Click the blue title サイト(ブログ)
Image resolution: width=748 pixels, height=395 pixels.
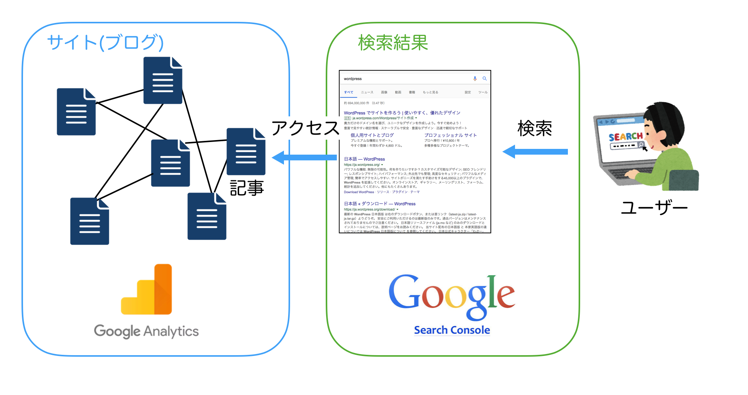[x=105, y=42]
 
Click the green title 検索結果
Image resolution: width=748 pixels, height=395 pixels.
[x=393, y=42]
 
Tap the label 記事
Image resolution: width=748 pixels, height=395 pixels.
[x=247, y=188]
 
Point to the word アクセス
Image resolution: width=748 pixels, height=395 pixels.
[x=305, y=128]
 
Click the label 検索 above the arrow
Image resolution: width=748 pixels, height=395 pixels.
[x=535, y=129]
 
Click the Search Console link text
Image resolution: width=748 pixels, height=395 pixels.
[x=452, y=330]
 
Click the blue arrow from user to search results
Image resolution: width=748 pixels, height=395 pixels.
[x=535, y=152]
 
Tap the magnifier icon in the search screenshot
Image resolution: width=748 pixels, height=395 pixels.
[x=484, y=78]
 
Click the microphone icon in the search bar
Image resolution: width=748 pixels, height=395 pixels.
[x=475, y=78]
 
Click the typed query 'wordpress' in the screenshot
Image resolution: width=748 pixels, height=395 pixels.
[x=353, y=79]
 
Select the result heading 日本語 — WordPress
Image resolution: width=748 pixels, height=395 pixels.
[x=364, y=159]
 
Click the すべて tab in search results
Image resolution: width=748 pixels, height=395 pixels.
[x=348, y=92]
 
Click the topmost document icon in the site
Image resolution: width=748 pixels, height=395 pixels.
[x=163, y=80]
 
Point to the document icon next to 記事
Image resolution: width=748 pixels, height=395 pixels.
[x=246, y=152]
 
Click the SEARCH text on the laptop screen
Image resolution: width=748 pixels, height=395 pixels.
[x=625, y=137]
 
